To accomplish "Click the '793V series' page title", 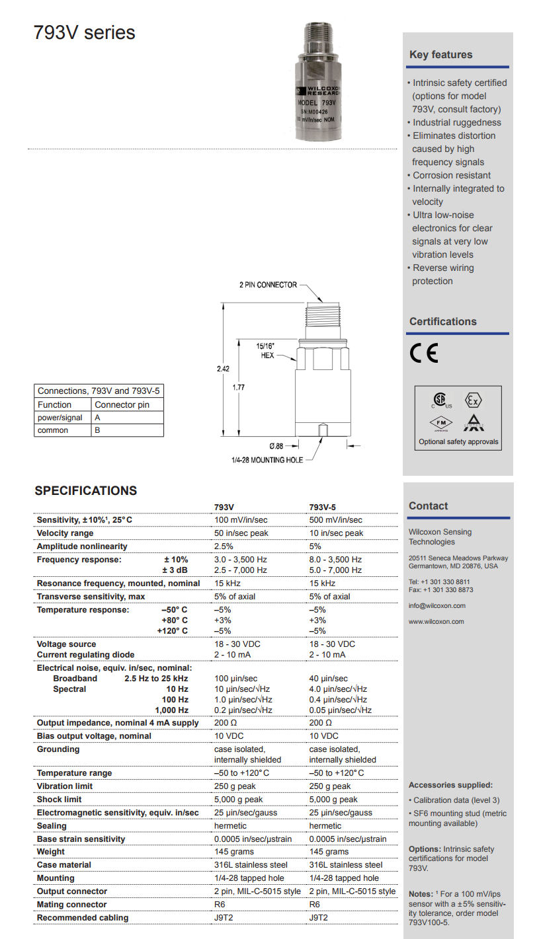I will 85,32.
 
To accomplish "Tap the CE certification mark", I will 423,354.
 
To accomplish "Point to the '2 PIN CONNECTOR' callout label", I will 268,285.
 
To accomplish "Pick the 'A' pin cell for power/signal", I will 98,418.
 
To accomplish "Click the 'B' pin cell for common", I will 98,430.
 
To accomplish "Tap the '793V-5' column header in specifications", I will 323,507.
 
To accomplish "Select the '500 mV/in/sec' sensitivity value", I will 335,520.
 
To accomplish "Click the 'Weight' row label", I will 51,852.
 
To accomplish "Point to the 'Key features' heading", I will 440,55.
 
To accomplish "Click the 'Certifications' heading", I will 442,322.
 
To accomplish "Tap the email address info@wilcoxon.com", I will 436,605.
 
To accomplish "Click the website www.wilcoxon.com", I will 436,621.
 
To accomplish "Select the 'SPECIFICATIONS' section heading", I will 86,491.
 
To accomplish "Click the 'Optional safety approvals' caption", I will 458,441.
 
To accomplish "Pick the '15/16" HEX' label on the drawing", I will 265,350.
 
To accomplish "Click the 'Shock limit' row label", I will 60,800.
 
